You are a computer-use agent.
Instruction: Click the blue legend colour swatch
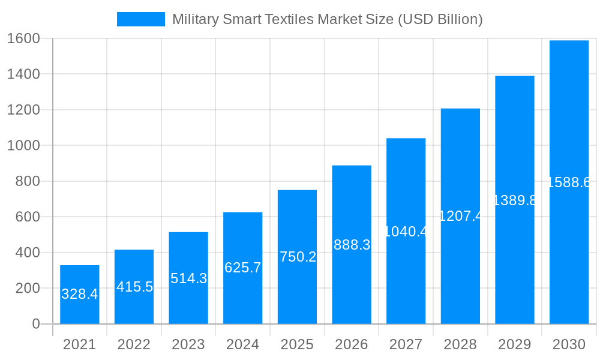click(x=140, y=19)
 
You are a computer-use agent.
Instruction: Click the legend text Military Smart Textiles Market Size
click(x=327, y=19)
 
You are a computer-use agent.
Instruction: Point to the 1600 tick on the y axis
click(x=23, y=38)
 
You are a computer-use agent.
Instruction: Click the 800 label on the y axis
click(x=27, y=181)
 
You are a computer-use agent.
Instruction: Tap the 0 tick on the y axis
click(x=35, y=324)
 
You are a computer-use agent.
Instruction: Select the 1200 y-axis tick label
click(x=23, y=110)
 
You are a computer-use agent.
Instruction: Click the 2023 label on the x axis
click(x=188, y=344)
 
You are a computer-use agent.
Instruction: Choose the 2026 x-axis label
click(x=352, y=344)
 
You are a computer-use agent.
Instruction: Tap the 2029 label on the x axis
click(x=514, y=344)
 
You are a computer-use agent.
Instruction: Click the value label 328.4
click(x=80, y=294)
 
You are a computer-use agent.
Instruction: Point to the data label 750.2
click(x=298, y=257)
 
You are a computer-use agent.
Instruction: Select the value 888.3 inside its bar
click(x=352, y=244)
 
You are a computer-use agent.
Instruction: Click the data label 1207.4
click(x=460, y=216)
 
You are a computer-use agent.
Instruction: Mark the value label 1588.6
click(x=569, y=182)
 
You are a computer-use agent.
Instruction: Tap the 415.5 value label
click(x=134, y=287)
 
